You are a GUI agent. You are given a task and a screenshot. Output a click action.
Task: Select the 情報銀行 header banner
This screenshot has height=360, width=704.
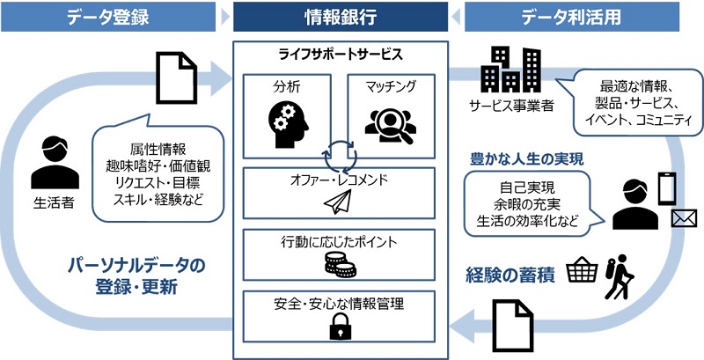pos(341,16)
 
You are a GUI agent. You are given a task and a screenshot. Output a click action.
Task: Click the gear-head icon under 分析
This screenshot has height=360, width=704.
pos(286,123)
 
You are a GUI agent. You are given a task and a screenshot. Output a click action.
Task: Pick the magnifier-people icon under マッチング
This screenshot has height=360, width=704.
pos(387,124)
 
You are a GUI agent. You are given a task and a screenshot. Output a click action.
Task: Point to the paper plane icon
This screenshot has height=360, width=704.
pos(337,203)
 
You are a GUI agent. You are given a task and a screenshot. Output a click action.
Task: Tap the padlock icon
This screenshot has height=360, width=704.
pos(340,329)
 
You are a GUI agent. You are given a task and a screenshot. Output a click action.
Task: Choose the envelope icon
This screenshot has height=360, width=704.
pos(684,219)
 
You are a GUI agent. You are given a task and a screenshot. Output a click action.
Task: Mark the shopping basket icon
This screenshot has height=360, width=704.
pos(582,269)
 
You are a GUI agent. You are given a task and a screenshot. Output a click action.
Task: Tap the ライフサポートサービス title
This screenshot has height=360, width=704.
pos(341,54)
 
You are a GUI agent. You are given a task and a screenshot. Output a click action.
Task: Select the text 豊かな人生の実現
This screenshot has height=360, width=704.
pos(527,159)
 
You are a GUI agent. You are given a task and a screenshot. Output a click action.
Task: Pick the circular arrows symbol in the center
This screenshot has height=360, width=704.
pos(339,155)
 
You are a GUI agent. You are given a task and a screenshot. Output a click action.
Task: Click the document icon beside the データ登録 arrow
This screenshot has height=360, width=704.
pos(175,76)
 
